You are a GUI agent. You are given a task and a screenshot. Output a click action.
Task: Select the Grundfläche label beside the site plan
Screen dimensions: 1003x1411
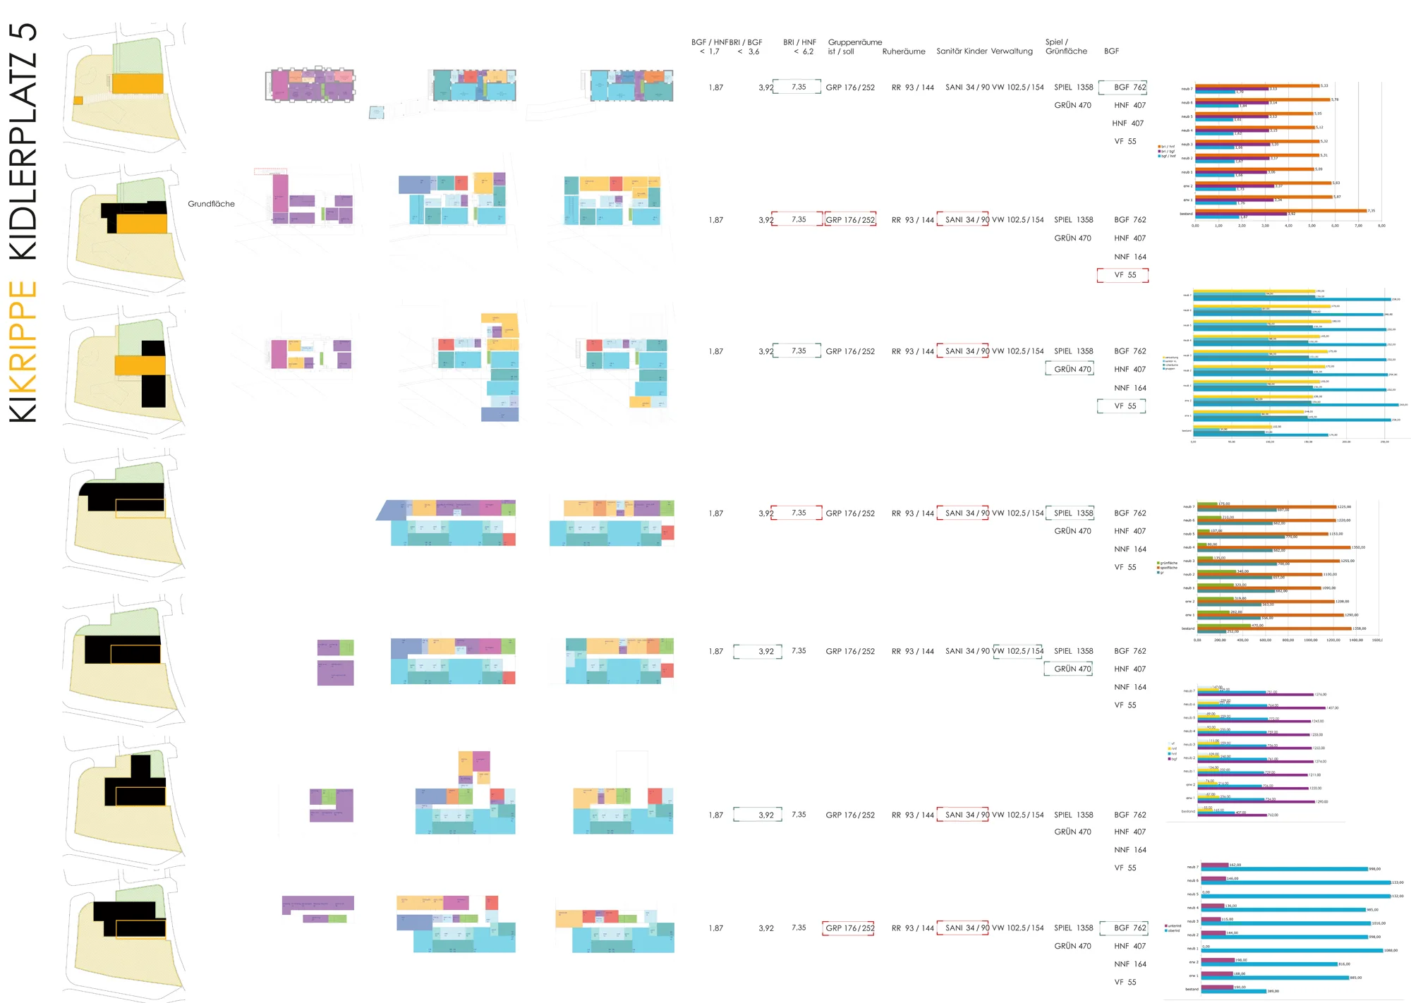211,204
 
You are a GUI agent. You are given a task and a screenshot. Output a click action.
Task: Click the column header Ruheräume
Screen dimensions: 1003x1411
903,51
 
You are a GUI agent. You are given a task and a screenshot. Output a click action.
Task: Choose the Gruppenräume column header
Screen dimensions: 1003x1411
854,42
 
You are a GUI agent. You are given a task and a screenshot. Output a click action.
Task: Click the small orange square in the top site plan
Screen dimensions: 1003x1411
78,100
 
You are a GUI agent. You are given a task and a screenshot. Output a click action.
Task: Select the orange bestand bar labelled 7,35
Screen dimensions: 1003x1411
1280,210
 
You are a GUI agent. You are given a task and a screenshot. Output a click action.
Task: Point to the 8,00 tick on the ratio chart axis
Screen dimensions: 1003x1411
1381,226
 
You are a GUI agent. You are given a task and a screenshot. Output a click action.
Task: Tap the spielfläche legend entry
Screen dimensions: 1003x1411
1168,567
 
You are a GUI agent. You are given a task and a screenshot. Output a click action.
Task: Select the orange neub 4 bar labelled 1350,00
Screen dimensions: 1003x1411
1273,547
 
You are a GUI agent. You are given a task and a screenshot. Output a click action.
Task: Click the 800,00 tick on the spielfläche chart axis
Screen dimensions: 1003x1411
1288,640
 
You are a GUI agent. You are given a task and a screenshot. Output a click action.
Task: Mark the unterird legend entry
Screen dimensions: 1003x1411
1173,925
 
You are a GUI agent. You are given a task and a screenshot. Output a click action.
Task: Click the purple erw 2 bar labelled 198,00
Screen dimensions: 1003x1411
1218,960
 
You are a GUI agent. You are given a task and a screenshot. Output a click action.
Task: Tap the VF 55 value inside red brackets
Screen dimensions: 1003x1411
1125,275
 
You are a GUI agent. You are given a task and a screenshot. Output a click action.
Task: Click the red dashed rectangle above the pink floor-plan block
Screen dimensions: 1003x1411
270,171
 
